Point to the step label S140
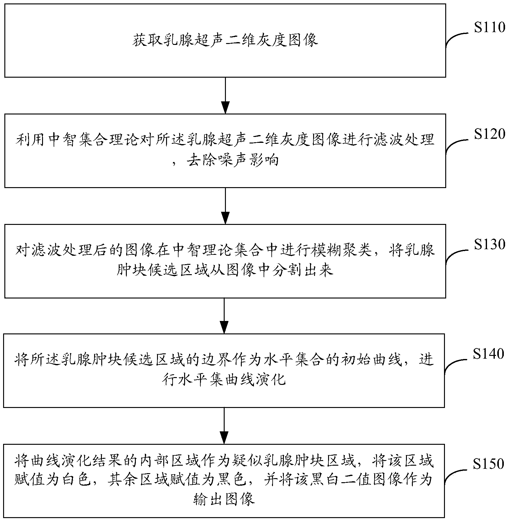pyautogui.click(x=488, y=354)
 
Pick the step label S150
pyautogui.click(x=488, y=464)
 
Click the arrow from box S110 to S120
pyautogui.click(x=225, y=95)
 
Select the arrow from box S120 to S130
pyautogui.click(x=225, y=206)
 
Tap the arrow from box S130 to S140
pyautogui.click(x=224, y=316)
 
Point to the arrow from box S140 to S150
pyautogui.click(x=224, y=426)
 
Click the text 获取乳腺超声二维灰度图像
pyautogui.click(x=225, y=41)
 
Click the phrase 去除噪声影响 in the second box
pyautogui.click(x=232, y=161)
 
